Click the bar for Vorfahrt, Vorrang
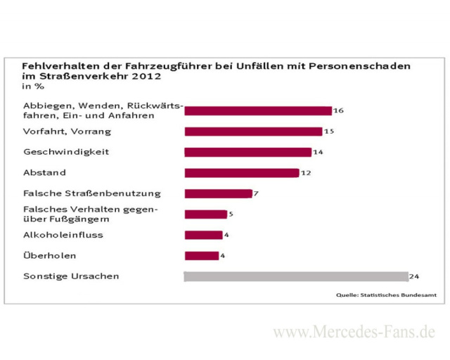pos(253,131)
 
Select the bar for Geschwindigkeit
pos(247,152)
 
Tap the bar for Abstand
pos(241,172)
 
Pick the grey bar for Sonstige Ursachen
pos(295,276)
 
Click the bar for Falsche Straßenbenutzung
pos(218,193)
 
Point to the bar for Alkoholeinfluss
pos(203,235)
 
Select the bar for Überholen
pos(201,256)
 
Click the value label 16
pos(338,110)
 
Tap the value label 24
pos(415,276)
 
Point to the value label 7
pos(256,193)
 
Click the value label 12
pos(306,172)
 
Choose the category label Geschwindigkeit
pos(66,152)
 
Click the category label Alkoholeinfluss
pos(63,235)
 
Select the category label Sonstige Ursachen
pos(71,276)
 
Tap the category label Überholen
pos(50,256)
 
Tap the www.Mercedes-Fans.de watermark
pos(354,332)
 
